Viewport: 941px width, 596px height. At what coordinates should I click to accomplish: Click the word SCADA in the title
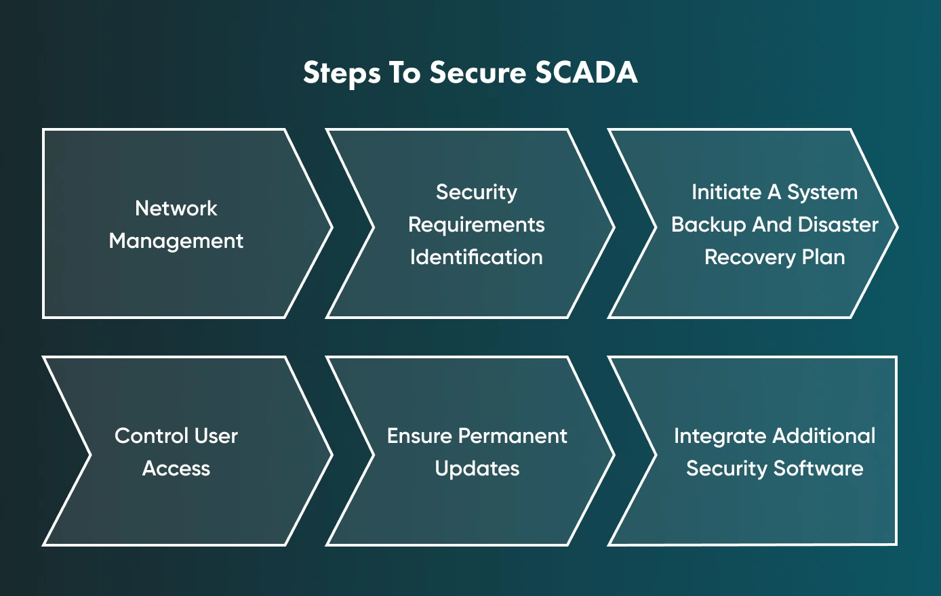coord(586,72)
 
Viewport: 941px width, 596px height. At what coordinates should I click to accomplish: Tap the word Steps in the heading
coord(342,73)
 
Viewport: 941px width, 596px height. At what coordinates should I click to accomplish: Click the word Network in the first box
coord(176,208)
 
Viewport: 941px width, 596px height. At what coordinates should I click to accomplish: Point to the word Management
coord(176,241)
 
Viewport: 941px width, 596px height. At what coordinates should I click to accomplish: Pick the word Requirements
coord(476,225)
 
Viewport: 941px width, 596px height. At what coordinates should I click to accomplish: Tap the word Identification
coord(476,257)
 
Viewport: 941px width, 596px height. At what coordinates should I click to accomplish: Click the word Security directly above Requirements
coord(476,192)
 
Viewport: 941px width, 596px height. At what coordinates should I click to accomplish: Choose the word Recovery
coord(750,257)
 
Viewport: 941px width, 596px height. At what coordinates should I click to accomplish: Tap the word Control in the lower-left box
coord(151,435)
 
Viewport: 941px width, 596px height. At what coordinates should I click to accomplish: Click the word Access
coord(176,469)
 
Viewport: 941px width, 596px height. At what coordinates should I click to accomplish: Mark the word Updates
coord(477,469)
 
